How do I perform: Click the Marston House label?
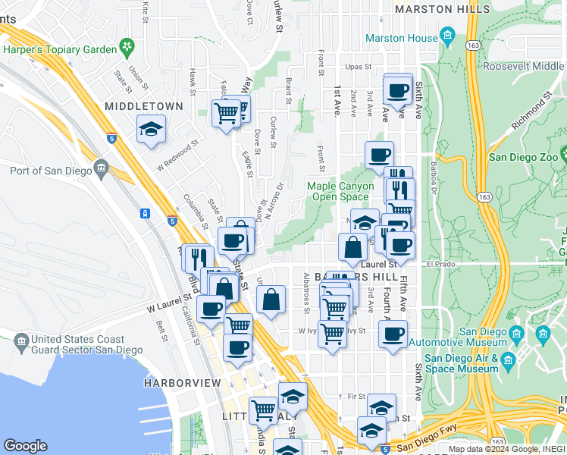click(x=401, y=38)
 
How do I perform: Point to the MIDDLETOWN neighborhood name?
click(x=144, y=106)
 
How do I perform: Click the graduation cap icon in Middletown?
click(x=151, y=128)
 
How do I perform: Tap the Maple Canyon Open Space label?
click(x=340, y=191)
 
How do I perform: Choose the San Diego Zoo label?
click(x=523, y=157)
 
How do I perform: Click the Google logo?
click(x=25, y=446)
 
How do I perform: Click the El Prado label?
click(x=438, y=265)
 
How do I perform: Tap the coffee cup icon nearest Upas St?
click(x=398, y=90)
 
